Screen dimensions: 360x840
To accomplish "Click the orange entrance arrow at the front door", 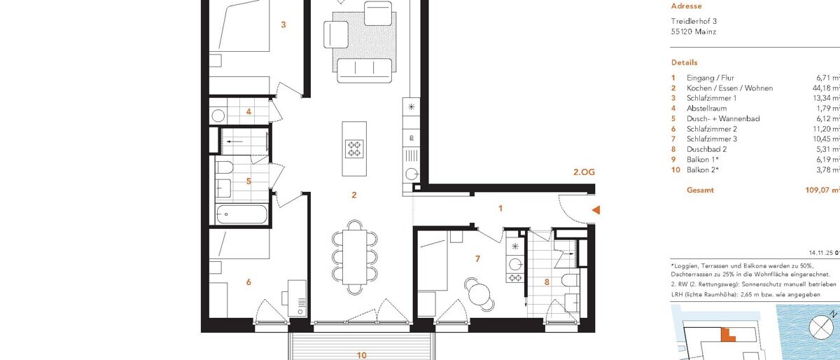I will [x=596, y=209].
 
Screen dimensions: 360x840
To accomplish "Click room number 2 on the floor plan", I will [x=354, y=195].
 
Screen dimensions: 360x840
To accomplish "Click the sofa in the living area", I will [x=364, y=68].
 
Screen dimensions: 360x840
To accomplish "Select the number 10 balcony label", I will [x=361, y=355].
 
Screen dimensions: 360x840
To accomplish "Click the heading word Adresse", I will [x=685, y=5].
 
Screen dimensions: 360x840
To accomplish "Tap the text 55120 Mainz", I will [x=694, y=32].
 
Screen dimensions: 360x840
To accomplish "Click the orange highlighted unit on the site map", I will [x=728, y=334].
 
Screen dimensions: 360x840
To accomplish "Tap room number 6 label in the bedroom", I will [x=248, y=282].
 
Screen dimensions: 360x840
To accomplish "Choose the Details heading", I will [x=684, y=62].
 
